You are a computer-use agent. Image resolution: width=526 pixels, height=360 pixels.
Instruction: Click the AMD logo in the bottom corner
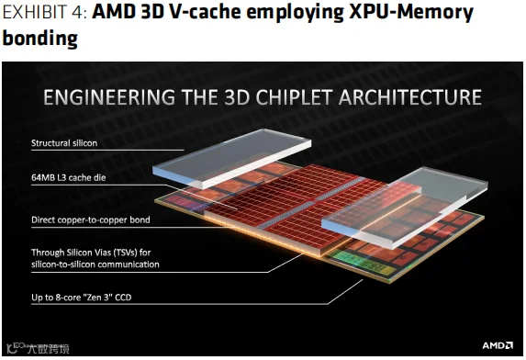498,345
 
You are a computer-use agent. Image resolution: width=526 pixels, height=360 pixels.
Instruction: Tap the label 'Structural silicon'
64,143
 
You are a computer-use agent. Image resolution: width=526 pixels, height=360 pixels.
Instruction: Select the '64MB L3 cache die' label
69,177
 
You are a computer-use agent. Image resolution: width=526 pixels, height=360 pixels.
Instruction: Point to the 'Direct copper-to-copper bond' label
91,219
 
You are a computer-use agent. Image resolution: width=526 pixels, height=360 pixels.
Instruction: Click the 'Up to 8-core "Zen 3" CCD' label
82,298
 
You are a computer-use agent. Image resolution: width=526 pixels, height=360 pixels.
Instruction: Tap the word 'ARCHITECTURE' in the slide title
410,97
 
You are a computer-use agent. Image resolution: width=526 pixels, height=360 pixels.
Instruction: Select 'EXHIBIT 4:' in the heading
45,13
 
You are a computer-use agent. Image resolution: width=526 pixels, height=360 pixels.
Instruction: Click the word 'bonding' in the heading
39,38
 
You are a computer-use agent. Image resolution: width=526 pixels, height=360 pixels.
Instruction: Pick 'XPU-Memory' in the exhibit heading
411,13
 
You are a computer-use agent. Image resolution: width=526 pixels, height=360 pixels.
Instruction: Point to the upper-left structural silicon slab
232,158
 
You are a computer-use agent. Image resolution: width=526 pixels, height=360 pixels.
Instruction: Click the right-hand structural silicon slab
405,208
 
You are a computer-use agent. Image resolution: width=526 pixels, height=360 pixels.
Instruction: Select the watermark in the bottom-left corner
38,348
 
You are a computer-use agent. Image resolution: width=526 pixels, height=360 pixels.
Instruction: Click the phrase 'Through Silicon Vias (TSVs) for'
91,252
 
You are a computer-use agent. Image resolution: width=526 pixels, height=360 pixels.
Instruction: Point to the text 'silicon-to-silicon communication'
95,264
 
